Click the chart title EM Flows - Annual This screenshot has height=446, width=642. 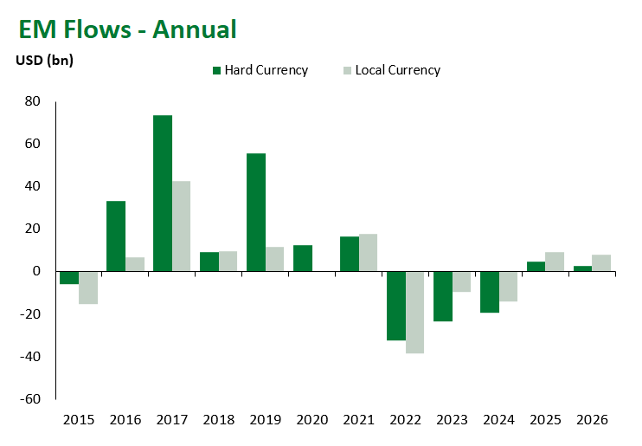[x=127, y=29]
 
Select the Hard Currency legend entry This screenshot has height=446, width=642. [x=260, y=70]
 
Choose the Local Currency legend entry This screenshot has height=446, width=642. [x=391, y=70]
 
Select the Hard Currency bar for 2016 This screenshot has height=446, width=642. [x=116, y=236]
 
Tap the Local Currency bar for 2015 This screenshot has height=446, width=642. [x=87, y=288]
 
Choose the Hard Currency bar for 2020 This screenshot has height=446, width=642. [x=303, y=258]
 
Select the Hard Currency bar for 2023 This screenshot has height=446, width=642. [x=443, y=296]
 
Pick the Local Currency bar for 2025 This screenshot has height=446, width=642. [x=555, y=262]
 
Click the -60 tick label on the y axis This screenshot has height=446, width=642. [x=30, y=399]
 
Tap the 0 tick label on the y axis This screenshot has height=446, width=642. [x=37, y=272]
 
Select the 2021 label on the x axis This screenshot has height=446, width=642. [x=359, y=420]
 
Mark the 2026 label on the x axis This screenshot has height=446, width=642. [x=593, y=420]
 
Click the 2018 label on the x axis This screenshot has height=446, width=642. [x=219, y=420]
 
